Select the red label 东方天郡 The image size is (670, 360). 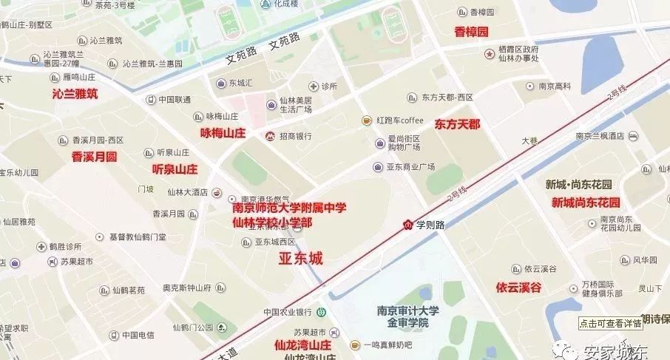click(x=457, y=123)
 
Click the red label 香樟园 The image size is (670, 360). click(x=472, y=32)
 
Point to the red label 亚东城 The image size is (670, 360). click(x=301, y=258)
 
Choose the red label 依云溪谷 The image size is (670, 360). click(x=518, y=287)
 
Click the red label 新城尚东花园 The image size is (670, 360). click(x=585, y=202)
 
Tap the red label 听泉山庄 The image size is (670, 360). click(x=175, y=169)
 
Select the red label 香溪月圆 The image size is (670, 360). click(x=94, y=157)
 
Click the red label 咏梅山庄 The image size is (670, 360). click(x=223, y=133)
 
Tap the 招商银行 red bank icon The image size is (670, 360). click(x=271, y=136)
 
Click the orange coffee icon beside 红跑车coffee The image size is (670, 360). click(x=366, y=120)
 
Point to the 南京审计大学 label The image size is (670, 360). click(x=407, y=310)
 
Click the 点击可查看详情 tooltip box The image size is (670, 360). click(x=610, y=323)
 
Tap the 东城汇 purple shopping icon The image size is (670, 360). click(x=220, y=82)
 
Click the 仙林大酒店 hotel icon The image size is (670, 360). click(x=217, y=192)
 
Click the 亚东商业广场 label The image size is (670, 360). click(x=410, y=166)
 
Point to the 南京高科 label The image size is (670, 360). click(x=555, y=86)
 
